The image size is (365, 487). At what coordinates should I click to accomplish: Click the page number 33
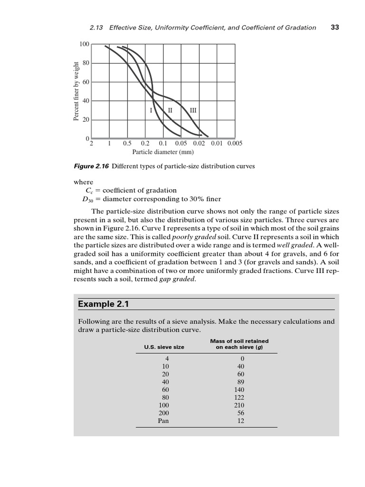click(335, 27)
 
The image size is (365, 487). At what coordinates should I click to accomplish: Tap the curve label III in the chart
click(193, 110)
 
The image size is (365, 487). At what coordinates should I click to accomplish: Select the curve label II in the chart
click(170, 110)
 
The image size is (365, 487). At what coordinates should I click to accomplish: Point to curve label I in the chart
click(151, 110)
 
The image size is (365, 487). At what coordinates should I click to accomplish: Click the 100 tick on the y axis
click(84, 44)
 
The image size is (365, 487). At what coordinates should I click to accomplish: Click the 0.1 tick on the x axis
click(163, 143)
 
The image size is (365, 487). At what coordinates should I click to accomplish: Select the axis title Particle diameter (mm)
click(163, 152)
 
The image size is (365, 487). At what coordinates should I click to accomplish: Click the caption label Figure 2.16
click(92, 166)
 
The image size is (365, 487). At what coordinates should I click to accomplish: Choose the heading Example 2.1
click(100, 303)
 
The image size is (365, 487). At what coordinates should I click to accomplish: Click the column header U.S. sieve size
click(164, 347)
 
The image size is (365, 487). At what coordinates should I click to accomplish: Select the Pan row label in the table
click(163, 420)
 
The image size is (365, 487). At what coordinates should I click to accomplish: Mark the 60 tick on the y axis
click(86, 82)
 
